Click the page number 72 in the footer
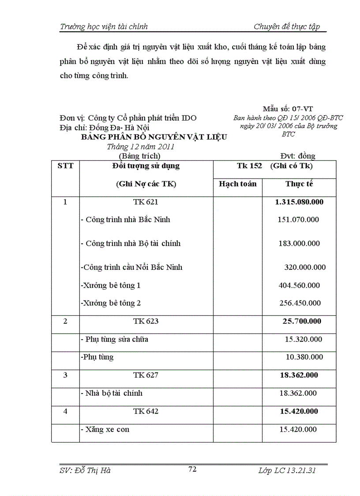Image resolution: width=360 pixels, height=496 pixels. pos(192,469)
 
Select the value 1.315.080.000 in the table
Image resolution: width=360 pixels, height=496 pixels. pos(299,202)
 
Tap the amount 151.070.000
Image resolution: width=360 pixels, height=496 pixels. pos(299,220)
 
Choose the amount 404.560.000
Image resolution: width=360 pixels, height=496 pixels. pos(299,285)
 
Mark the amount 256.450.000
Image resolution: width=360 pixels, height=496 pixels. pos(300,303)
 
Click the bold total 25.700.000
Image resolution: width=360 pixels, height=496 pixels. pos(302,321)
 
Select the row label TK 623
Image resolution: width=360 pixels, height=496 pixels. pos(146,321)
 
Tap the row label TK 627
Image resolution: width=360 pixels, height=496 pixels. pos(146,375)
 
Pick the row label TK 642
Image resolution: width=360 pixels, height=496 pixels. pos(146,411)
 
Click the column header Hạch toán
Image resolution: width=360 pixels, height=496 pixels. pos(237,184)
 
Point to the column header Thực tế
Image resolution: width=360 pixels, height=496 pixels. pos(299,184)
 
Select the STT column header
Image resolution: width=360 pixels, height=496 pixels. pos(65,166)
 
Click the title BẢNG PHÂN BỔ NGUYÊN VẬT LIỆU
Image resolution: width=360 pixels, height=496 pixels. pos(154,137)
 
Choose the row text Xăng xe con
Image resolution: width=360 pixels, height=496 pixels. pos(105,429)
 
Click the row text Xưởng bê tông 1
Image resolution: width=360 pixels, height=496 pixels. pos(111,285)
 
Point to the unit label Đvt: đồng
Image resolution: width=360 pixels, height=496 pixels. pos(298,156)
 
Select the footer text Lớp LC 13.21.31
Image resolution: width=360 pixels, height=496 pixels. pos(287,470)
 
